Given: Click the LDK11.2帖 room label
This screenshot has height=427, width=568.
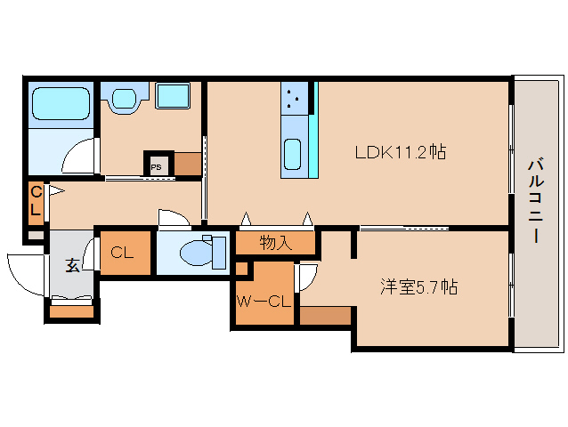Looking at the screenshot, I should pyautogui.click(x=400, y=151).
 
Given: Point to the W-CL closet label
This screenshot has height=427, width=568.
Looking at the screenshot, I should pyautogui.click(x=264, y=301).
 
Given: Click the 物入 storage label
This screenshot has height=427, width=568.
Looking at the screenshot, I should pyautogui.click(x=276, y=242).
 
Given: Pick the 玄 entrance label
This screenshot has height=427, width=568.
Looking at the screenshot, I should pyautogui.click(x=71, y=264).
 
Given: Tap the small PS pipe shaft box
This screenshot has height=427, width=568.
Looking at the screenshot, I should pyautogui.click(x=157, y=165).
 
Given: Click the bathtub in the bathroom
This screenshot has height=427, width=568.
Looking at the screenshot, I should pyautogui.click(x=61, y=104).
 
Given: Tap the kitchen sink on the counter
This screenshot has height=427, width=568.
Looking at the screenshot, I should pyautogui.click(x=293, y=155).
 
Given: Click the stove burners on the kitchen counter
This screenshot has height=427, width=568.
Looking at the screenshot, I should pyautogui.click(x=296, y=97).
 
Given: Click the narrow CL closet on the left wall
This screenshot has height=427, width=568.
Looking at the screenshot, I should pyautogui.click(x=36, y=203).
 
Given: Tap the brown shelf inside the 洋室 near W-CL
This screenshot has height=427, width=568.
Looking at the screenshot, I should pyautogui.click(x=325, y=315).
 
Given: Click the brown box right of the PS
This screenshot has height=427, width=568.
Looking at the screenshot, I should pyautogui.click(x=187, y=164).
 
